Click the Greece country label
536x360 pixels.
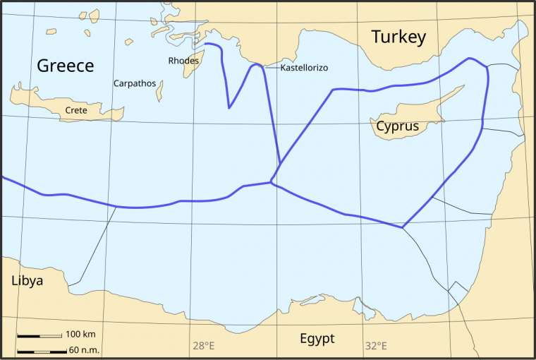click(65, 66)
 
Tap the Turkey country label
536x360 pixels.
click(398, 37)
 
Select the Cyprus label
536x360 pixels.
click(397, 127)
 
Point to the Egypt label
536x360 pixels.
click(317, 339)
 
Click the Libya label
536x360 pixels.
click(27, 281)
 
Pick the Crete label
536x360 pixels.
click(76, 110)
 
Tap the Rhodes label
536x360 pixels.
click(183, 61)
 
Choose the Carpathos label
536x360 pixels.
click(135, 83)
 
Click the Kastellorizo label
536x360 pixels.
click(304, 68)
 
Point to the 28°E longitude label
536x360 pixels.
click(203, 346)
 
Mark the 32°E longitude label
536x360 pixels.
click(376, 346)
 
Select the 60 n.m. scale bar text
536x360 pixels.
click(83, 350)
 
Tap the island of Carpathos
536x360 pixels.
click(160, 90)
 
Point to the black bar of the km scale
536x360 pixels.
click(39, 336)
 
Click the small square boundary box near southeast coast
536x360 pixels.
click(458, 291)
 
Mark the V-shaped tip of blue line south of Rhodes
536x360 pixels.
click(229, 108)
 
